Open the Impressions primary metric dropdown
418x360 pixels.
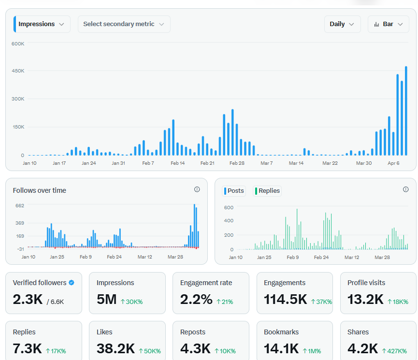42,24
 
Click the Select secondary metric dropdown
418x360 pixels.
124,24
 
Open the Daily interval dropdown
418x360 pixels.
342,24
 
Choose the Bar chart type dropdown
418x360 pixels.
388,24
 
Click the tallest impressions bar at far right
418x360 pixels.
406,111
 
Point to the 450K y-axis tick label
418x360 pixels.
18,71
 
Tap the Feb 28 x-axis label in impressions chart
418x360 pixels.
237,163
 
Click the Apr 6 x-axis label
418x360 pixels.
393,163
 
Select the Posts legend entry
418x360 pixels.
234,191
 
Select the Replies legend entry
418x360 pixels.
267,191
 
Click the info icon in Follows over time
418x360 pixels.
197,189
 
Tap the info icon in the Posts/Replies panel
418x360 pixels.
406,189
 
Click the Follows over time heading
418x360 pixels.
40,190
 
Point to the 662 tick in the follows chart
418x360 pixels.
20,205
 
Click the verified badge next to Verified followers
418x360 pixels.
72,283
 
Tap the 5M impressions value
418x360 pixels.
107,299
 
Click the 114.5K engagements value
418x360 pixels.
285,299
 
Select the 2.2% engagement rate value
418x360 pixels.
196,299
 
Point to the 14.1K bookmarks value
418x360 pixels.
281,348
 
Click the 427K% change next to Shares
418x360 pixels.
394,351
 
